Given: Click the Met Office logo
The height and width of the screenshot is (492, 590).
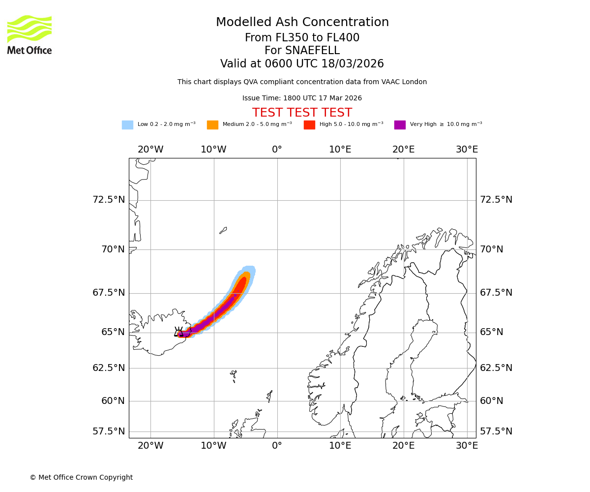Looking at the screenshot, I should pyautogui.click(x=29, y=35).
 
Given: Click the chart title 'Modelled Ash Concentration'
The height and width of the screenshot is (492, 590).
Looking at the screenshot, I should pyautogui.click(x=302, y=23).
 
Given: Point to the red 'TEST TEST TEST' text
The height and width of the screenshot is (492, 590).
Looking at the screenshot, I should pyautogui.click(x=302, y=113).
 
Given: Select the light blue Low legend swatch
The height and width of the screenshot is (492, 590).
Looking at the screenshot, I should pyautogui.click(x=127, y=124).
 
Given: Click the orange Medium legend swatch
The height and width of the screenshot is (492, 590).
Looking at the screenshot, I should pyautogui.click(x=212, y=124).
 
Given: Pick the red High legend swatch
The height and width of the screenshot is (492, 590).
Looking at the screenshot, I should pyautogui.click(x=309, y=124).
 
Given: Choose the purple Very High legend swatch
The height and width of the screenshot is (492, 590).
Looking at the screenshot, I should pyautogui.click(x=400, y=124).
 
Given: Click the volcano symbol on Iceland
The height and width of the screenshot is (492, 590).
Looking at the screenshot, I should pyautogui.click(x=179, y=332).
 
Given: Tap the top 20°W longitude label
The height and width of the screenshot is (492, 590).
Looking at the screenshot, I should pyautogui.click(x=150, y=150).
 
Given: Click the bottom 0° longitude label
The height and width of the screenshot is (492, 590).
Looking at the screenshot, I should pyautogui.click(x=277, y=446).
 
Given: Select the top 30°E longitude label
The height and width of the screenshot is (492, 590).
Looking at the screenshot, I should pyautogui.click(x=467, y=150).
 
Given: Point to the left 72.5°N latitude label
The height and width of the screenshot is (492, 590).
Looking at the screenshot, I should pyautogui.click(x=109, y=200).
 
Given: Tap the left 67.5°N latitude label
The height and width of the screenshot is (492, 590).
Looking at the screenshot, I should pyautogui.click(x=109, y=293).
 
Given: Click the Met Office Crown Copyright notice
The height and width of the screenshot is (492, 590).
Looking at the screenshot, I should pyautogui.click(x=81, y=477).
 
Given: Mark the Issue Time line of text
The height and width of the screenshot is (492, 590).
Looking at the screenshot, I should pyautogui.click(x=302, y=98).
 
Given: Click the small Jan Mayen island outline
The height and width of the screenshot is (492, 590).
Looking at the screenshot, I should pyautogui.click(x=223, y=230).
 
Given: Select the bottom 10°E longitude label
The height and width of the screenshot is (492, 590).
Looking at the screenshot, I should pyautogui.click(x=340, y=446).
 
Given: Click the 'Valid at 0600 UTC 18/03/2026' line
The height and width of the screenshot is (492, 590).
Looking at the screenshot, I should pyautogui.click(x=302, y=64).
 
